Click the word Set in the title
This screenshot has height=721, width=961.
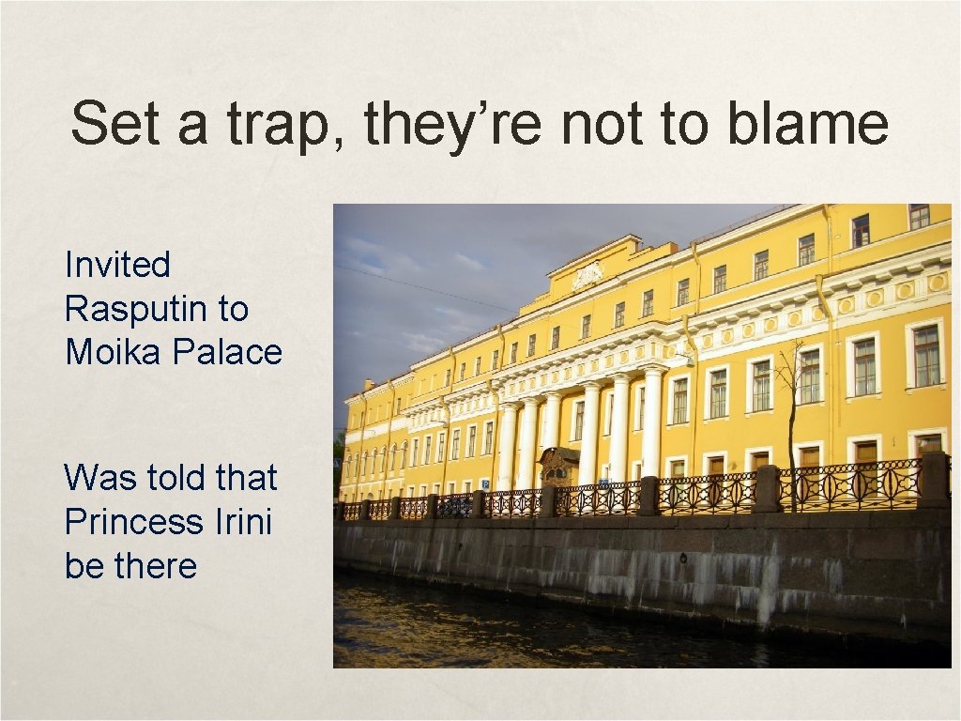pos(115,124)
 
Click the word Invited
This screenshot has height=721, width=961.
pos(117,265)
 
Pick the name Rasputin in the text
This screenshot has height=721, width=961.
pos(157,308)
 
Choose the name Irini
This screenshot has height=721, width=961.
pos(245,522)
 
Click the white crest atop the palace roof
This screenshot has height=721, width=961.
pos(587,274)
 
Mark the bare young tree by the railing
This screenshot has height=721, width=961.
pos(789,413)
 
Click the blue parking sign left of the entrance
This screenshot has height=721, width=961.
pos(484,483)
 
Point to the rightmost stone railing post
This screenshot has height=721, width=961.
pos(934,480)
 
